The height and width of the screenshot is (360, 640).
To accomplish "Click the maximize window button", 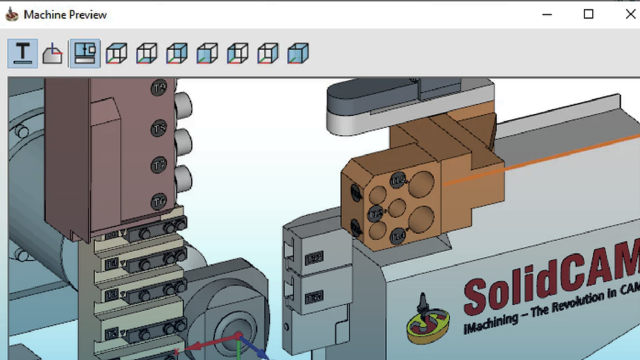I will [x=588, y=14].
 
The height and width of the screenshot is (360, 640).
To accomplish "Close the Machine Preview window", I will [x=630, y=14].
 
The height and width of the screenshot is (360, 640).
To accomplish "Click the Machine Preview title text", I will [x=65, y=14].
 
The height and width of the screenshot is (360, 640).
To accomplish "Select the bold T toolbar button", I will [x=23, y=54].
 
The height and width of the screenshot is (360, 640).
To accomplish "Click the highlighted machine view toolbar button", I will [x=84, y=54].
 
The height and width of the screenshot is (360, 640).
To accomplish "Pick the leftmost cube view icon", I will [x=116, y=54].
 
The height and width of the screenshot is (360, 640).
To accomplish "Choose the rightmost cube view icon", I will [x=298, y=54].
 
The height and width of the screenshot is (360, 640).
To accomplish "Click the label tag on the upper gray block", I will [x=313, y=257].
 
